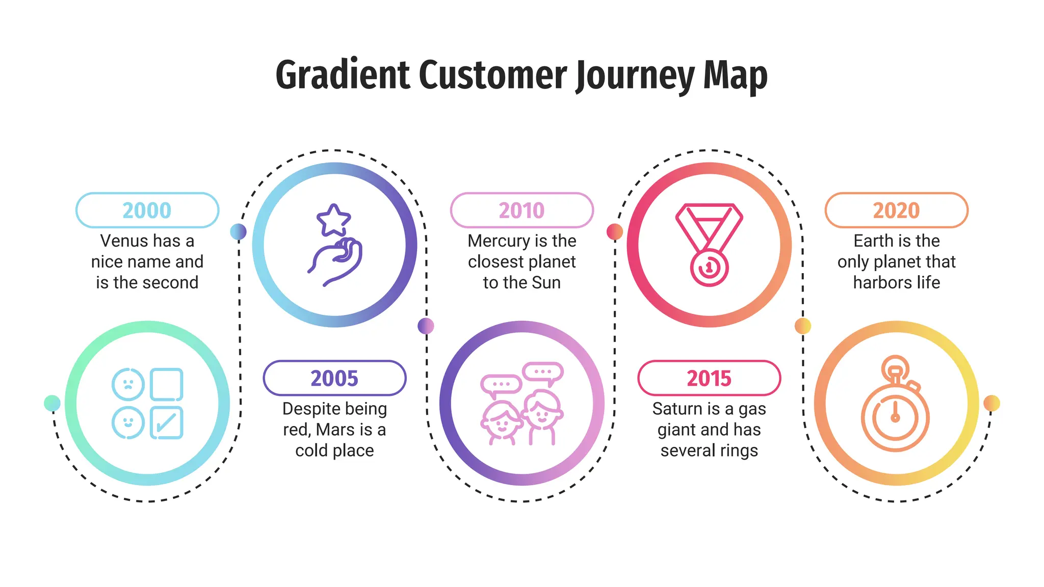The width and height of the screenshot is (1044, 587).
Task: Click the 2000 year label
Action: coord(147,210)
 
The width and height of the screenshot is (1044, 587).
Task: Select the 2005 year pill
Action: coord(334,378)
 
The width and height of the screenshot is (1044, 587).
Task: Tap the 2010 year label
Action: coord(521,210)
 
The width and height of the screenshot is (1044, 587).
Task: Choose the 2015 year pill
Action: coord(709,378)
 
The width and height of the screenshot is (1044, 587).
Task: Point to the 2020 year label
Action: coord(896,210)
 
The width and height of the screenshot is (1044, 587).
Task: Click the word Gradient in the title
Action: coord(343,74)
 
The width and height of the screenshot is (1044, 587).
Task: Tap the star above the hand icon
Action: coord(333,220)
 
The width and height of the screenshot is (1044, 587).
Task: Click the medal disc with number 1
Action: coord(709,267)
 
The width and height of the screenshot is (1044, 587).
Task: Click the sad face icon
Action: coord(128,384)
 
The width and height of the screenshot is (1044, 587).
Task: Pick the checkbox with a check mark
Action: coord(167,422)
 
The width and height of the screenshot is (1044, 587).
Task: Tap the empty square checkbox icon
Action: coord(167,384)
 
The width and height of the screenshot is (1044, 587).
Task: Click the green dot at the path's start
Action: coord(52,403)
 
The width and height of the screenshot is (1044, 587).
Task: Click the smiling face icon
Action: coord(128,422)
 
